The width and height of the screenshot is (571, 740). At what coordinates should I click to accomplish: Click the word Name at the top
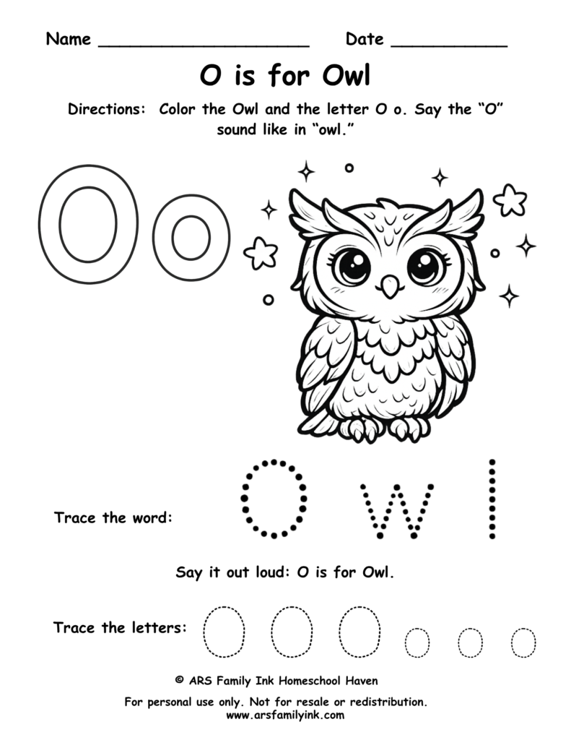[69, 39]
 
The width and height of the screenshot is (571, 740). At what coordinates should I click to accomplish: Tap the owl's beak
[391, 286]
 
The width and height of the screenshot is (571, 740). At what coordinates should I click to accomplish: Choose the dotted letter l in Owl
[493, 499]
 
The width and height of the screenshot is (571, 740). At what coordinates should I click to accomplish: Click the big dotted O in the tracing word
[274, 498]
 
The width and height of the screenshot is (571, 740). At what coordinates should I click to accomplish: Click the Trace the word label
[113, 518]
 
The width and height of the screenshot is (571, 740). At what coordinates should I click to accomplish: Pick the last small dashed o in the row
[523, 642]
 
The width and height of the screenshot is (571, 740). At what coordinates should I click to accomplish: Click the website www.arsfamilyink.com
[285, 715]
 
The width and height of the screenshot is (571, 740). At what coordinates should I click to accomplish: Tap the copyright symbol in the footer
[180, 680]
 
